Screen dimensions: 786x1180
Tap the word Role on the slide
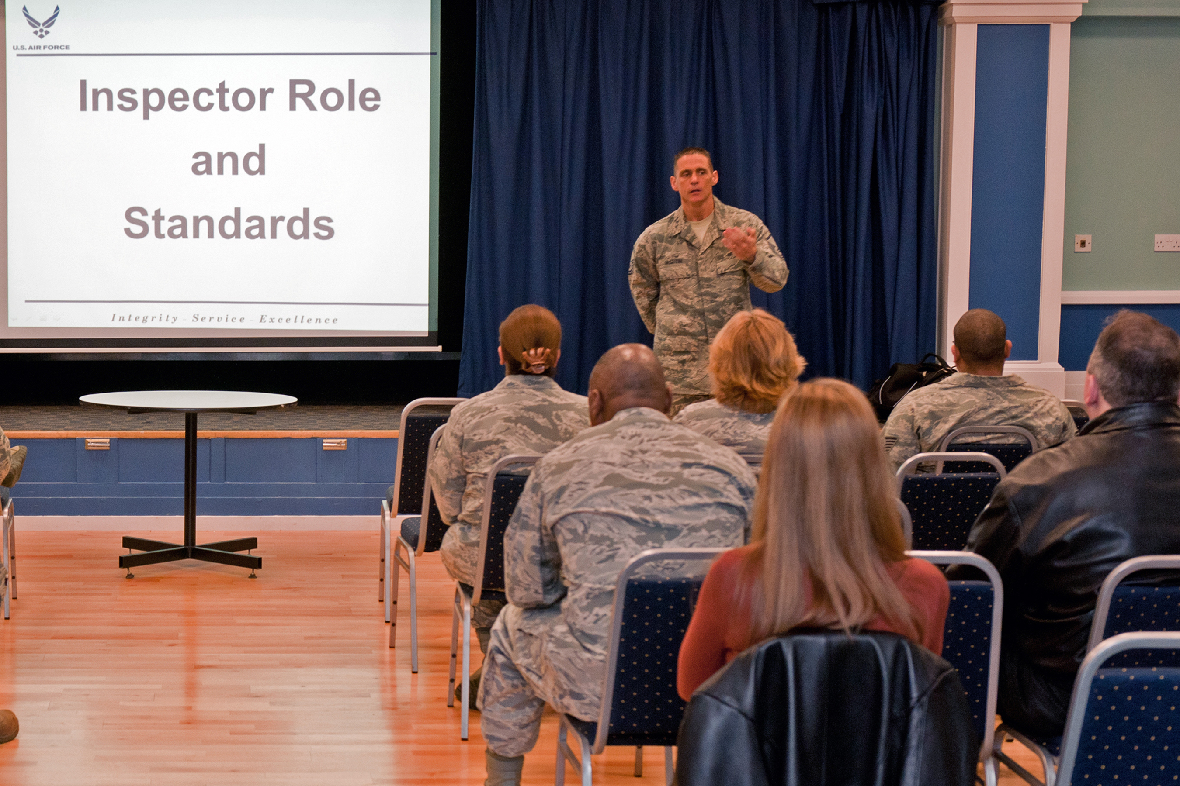(x=334, y=96)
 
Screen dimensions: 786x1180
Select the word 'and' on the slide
(x=228, y=160)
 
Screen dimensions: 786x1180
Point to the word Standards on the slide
(x=229, y=224)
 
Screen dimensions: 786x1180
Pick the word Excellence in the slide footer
(x=298, y=320)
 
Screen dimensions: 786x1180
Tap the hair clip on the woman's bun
(x=536, y=359)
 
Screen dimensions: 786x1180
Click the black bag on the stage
(x=911, y=381)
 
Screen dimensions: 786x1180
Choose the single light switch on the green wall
(x=1082, y=243)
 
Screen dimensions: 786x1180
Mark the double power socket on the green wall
(x=1166, y=243)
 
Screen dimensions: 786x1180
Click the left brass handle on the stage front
(x=97, y=444)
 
